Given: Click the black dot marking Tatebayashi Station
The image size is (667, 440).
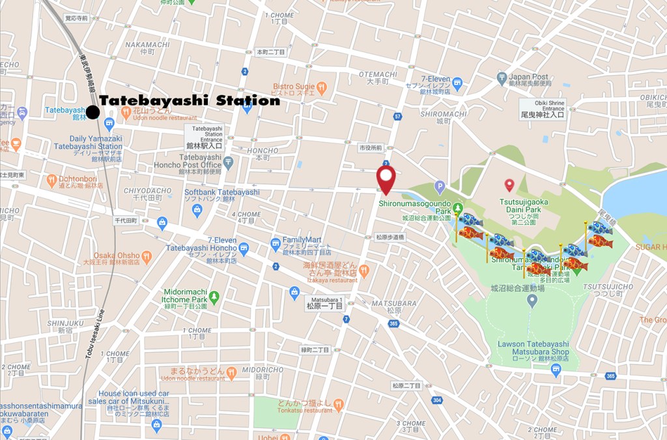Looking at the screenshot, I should click(x=93, y=112).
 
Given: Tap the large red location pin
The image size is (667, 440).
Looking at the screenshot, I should click(x=386, y=179).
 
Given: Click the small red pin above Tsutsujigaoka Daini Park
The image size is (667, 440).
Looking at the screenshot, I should click(x=509, y=186).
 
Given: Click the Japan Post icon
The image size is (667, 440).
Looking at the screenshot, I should click(x=502, y=79).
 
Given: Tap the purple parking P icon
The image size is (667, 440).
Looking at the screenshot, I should click(x=440, y=186).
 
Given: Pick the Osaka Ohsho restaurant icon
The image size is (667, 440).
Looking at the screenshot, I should click(x=147, y=257).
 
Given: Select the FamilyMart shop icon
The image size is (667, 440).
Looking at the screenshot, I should click(x=276, y=244).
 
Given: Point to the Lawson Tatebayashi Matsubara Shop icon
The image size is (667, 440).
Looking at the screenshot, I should click(x=556, y=370).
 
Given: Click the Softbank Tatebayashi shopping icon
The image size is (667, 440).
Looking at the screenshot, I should click(x=197, y=210).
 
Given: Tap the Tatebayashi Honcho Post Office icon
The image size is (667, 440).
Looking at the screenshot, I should click(x=228, y=162).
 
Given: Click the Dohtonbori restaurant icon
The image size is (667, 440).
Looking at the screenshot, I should click(x=51, y=181).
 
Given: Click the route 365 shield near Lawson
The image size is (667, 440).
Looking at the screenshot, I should click(x=610, y=375).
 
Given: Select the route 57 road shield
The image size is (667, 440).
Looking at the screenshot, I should click(x=397, y=117).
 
